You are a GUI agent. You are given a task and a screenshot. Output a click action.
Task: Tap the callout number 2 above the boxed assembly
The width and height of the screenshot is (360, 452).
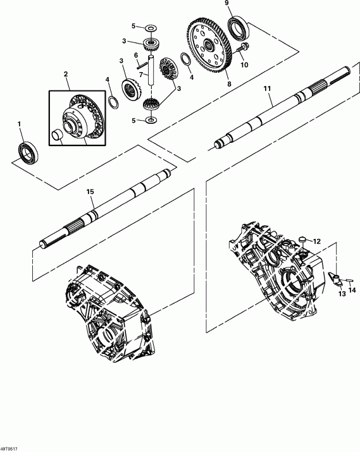point(66,75)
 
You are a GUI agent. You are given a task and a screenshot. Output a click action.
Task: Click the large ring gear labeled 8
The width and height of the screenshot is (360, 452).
point(208,46)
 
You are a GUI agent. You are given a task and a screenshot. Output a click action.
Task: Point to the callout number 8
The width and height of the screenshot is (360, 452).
point(230,82)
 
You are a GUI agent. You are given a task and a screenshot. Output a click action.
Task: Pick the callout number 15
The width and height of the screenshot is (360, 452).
point(90,191)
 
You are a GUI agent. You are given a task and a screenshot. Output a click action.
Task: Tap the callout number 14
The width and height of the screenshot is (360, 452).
point(352,290)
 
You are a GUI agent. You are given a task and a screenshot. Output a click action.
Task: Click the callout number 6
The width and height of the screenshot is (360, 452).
point(136,56)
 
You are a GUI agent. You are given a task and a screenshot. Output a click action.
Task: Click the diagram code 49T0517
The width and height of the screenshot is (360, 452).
point(11,448)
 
